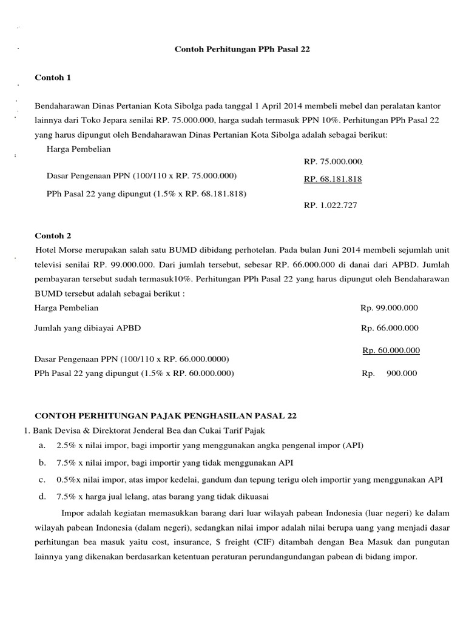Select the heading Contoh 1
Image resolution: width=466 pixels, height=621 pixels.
pyautogui.click(x=53, y=78)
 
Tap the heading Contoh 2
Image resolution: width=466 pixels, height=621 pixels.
pyautogui.click(x=53, y=235)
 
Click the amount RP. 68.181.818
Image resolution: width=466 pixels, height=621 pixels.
pyautogui.click(x=333, y=179)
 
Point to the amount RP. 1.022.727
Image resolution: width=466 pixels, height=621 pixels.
pyautogui.click(x=330, y=206)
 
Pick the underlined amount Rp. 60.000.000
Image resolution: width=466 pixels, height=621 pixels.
pyautogui.click(x=391, y=351)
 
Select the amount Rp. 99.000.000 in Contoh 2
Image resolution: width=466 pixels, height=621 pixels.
pyautogui.click(x=389, y=308)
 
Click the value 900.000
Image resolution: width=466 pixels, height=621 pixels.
pyautogui.click(x=402, y=374)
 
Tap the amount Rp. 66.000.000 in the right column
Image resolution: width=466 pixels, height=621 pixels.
pyautogui.click(x=390, y=328)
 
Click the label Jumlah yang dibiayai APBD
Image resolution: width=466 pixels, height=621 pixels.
pyautogui.click(x=88, y=328)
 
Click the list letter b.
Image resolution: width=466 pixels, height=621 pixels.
pyautogui.click(x=42, y=462)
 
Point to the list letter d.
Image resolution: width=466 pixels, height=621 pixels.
pyautogui.click(x=42, y=496)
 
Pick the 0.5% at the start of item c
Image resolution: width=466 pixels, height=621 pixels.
pyautogui.click(x=66, y=479)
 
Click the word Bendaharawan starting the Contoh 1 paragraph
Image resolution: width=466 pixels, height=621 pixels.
pyautogui.click(x=63, y=106)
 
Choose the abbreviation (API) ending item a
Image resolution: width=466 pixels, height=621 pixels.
pyautogui.click(x=352, y=445)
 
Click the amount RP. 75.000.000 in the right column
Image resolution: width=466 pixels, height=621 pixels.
pyautogui.click(x=333, y=162)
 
